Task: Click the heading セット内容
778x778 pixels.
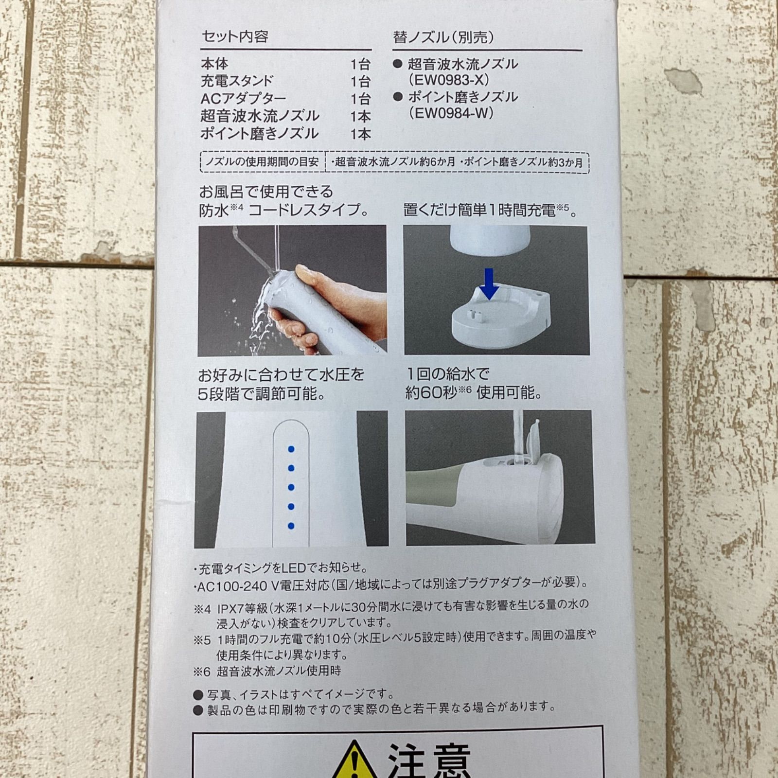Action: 235,36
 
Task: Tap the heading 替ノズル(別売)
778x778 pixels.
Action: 443,37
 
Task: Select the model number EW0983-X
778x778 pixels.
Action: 448,80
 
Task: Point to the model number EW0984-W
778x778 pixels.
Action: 451,113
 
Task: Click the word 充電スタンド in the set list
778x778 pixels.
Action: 237,81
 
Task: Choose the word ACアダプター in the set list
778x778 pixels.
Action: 243,99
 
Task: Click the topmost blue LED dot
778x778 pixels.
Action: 291,449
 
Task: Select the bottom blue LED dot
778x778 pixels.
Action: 291,526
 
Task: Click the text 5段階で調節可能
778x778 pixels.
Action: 262,393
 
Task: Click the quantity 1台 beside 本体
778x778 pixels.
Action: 360,64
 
